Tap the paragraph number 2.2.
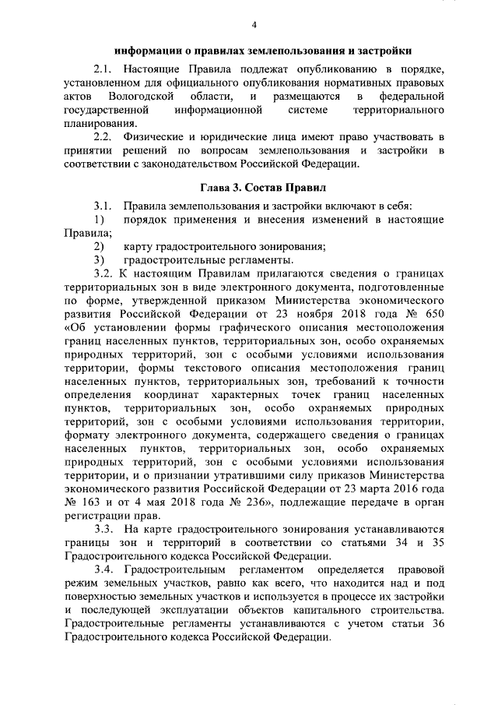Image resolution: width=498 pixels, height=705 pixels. pos(103,137)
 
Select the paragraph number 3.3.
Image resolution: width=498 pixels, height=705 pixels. pos(103,529)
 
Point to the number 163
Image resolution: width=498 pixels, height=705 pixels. pos(92,502)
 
